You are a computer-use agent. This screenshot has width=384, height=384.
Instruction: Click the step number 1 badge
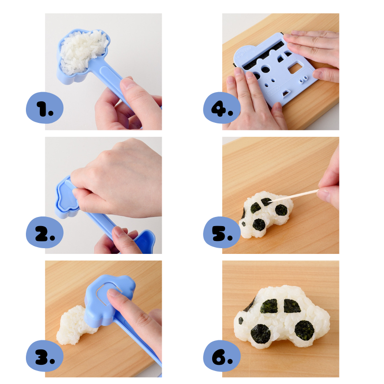point(45,108)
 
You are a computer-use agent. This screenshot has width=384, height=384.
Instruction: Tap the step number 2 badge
point(45,232)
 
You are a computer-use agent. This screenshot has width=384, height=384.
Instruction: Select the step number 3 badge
point(45,356)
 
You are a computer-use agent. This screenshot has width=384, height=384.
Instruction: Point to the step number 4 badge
point(222,108)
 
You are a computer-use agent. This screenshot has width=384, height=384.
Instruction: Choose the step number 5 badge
point(222,232)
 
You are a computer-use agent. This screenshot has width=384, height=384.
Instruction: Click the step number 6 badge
point(222,356)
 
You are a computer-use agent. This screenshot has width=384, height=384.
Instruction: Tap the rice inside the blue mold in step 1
point(83,51)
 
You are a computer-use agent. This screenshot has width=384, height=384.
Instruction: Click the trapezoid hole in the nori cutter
point(286,93)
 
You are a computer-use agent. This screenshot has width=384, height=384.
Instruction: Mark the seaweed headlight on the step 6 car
point(241,320)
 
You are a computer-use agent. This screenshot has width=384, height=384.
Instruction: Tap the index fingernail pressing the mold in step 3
point(113,292)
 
